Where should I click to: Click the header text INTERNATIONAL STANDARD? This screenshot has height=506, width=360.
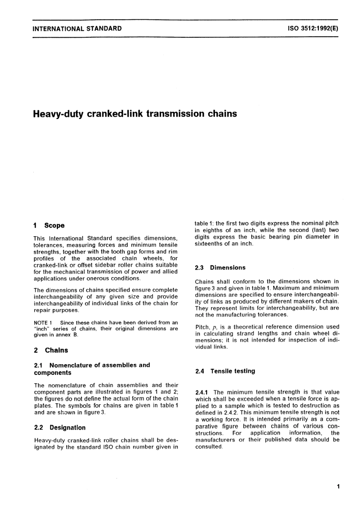(77, 28)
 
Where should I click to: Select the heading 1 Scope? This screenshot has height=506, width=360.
(49, 226)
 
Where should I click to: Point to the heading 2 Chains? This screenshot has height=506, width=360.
(51, 350)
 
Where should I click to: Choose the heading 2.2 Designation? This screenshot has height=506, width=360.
(60, 428)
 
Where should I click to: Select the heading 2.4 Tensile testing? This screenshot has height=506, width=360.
(225, 371)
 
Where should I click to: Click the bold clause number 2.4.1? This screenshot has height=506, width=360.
(203, 392)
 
